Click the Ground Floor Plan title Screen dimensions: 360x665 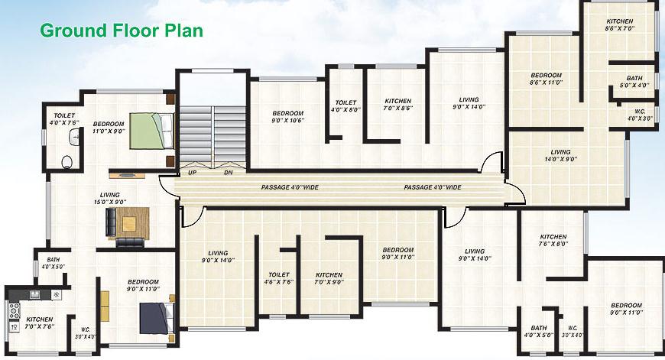tap(121, 31)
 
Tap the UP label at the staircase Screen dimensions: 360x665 tap(192, 173)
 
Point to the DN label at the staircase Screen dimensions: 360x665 tap(228, 173)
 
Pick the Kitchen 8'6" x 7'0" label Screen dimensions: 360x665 tap(620, 24)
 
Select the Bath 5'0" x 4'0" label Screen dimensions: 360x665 tap(634, 82)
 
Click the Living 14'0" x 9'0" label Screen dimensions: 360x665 tap(561, 156)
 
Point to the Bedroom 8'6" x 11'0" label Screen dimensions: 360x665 tap(547, 79)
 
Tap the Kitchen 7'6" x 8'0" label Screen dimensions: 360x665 tap(553, 241)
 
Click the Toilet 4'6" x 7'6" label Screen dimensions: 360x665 tap(279, 278)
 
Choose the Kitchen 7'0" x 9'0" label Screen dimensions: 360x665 tap(329, 278)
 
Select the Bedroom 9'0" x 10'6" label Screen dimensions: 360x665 tap(288, 117)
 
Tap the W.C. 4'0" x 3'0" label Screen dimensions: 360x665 tap(639, 115)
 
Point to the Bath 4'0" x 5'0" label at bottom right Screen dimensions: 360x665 tap(539, 332)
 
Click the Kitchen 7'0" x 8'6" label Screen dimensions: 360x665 tap(397, 105)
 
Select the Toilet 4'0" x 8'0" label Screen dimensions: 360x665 tap(345, 106)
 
